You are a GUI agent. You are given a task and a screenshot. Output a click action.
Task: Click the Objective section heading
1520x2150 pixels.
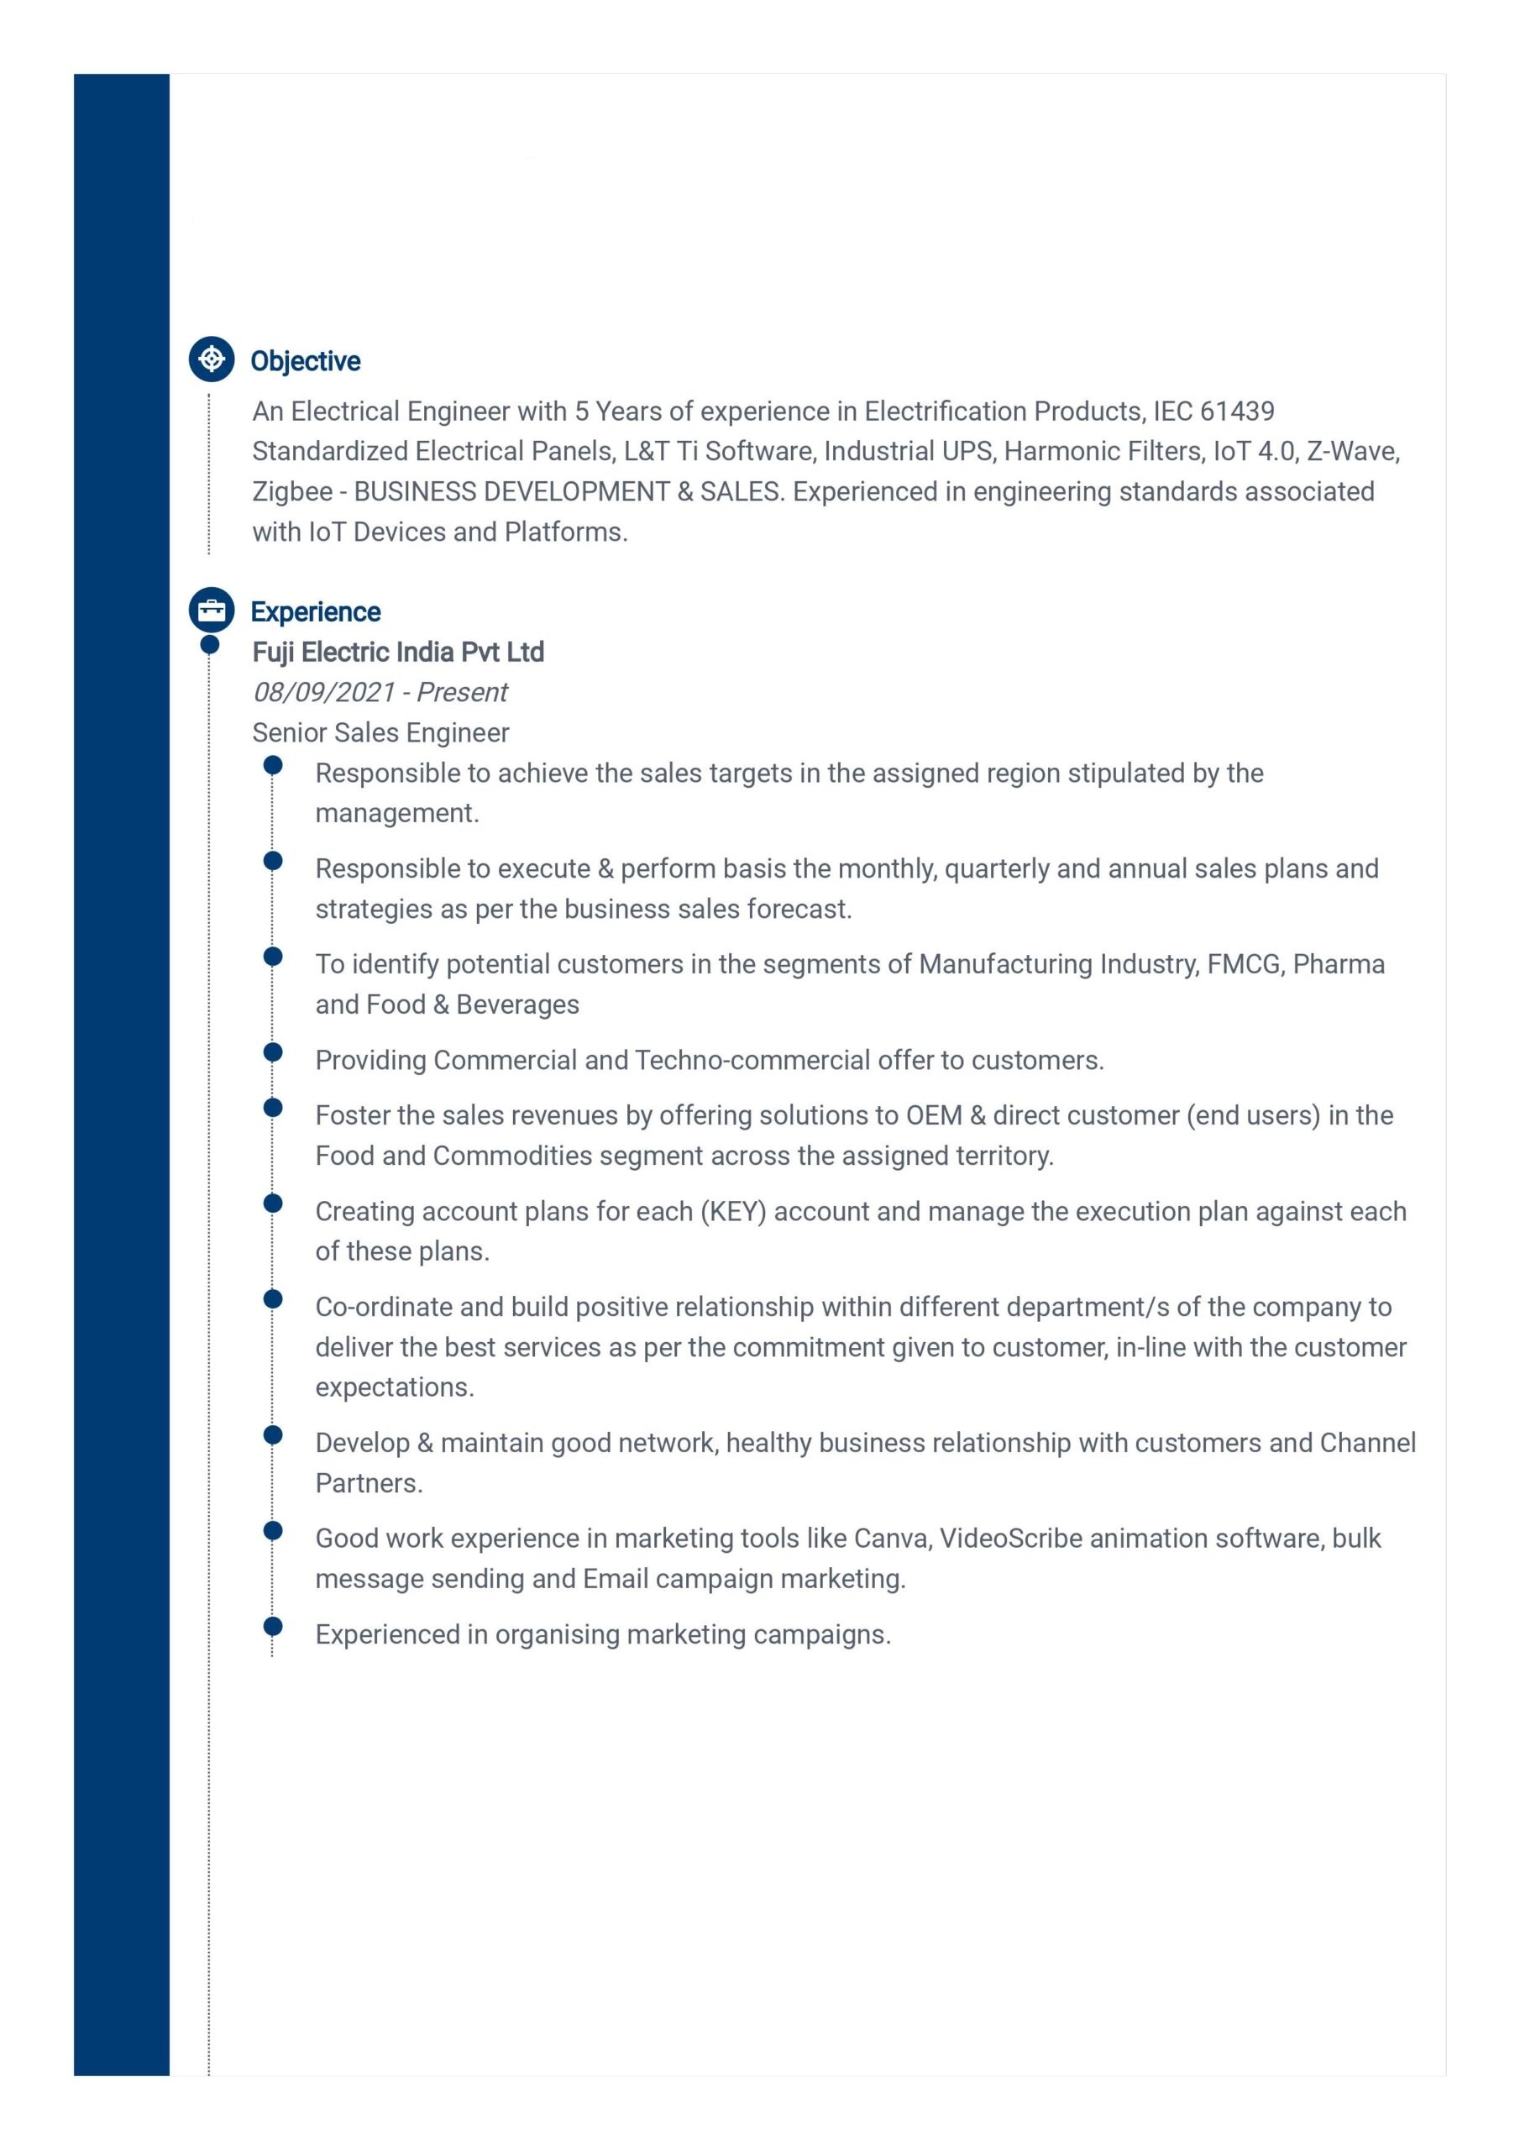point(306,360)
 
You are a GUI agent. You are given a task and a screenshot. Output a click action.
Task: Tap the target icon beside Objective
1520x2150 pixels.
point(212,359)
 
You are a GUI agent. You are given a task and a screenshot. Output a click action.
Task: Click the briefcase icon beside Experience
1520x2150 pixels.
point(212,611)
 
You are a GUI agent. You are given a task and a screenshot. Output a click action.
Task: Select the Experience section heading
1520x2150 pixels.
point(316,611)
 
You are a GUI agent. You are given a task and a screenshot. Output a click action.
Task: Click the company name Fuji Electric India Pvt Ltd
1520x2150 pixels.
point(398,652)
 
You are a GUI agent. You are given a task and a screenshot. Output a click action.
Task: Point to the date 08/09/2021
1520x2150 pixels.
point(324,692)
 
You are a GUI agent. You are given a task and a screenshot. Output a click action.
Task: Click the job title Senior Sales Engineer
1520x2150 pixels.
point(380,732)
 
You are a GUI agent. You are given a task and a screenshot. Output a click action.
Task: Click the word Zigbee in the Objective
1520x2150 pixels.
point(292,491)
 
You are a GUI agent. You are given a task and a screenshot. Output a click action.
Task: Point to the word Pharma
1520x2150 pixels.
point(1339,963)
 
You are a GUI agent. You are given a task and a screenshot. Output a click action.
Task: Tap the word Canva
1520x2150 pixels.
point(889,1539)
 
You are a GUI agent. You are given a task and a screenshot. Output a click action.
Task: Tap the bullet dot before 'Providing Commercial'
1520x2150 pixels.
point(273,1051)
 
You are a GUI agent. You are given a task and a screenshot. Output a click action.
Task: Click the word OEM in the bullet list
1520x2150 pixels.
point(934,1115)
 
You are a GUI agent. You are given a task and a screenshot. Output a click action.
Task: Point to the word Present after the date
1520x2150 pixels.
point(462,692)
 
